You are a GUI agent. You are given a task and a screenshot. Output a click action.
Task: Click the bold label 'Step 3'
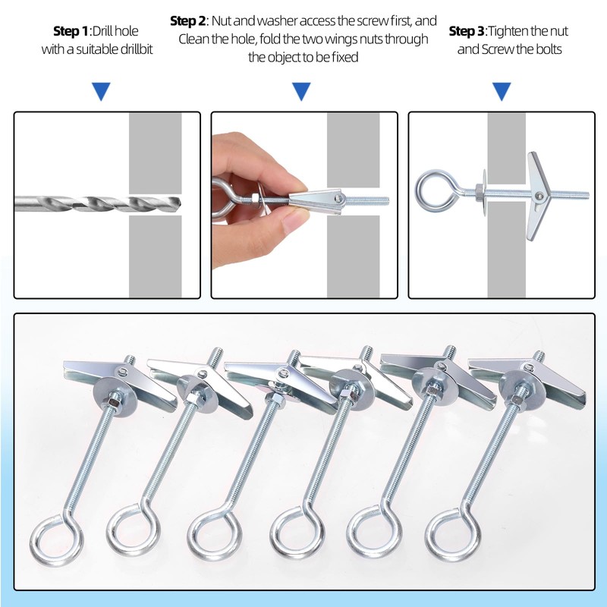point(467,31)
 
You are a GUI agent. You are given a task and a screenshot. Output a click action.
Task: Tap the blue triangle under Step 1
point(100,92)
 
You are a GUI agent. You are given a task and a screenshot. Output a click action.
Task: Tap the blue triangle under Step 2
point(301,92)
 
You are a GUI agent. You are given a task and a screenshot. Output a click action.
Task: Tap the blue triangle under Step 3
point(501,92)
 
